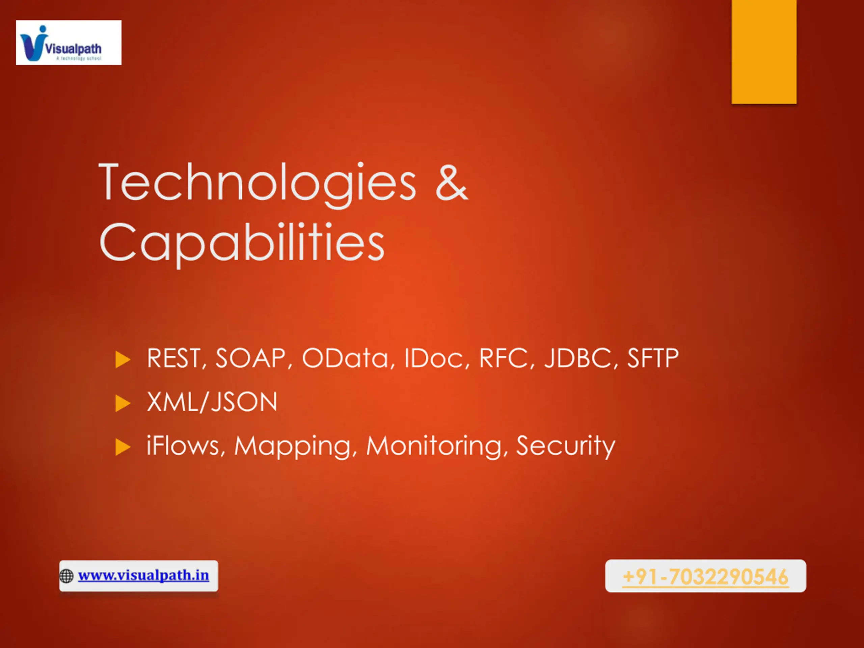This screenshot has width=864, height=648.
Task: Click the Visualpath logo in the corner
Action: (x=69, y=43)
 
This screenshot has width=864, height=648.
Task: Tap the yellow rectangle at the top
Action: (x=764, y=52)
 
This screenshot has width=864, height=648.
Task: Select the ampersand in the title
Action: (x=452, y=182)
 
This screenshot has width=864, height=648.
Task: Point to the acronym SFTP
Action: (x=653, y=358)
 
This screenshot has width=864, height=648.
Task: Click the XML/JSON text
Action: (x=212, y=402)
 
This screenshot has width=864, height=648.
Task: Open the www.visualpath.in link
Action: (x=143, y=575)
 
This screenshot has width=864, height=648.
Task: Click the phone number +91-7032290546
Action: (x=705, y=577)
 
